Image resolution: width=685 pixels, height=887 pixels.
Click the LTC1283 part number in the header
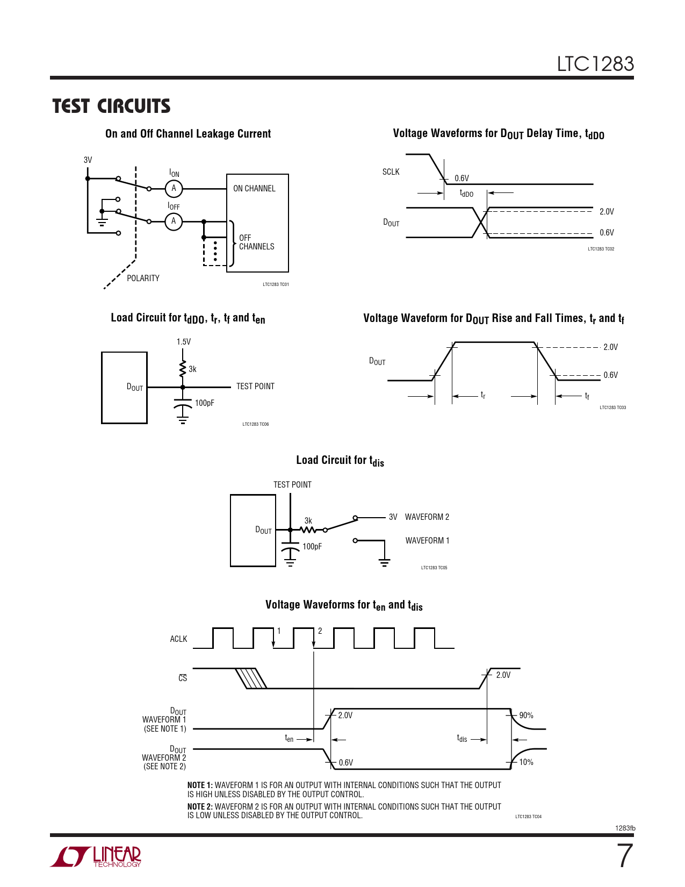click(x=595, y=64)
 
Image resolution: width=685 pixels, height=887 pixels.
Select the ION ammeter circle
click(x=174, y=189)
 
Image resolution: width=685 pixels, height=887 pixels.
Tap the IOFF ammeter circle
click(x=174, y=221)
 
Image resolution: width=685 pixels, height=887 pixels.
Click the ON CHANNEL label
click(x=254, y=189)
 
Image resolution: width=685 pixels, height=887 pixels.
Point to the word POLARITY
click(x=143, y=278)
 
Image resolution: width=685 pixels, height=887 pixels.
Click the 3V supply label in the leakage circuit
click(x=88, y=160)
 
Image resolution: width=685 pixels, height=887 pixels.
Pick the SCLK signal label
click(x=391, y=172)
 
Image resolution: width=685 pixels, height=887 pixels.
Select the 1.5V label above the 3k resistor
click(x=183, y=342)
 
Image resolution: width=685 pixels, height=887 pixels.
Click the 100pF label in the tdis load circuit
click(x=312, y=547)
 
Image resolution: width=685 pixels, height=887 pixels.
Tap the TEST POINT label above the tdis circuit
click(x=292, y=485)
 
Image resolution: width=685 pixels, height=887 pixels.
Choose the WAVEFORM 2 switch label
click(x=427, y=517)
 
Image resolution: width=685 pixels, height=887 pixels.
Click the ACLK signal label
click(x=178, y=639)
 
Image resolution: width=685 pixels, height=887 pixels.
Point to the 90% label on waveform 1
click(x=526, y=716)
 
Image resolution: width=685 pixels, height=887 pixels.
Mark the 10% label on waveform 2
click(x=526, y=762)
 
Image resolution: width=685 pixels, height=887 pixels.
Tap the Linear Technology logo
click(x=97, y=856)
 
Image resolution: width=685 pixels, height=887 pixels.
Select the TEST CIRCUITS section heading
click(x=111, y=106)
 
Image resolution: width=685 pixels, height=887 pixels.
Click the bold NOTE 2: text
click(x=200, y=807)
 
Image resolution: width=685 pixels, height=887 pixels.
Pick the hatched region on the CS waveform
click(x=251, y=678)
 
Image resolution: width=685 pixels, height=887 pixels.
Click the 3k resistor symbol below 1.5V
click(x=183, y=369)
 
